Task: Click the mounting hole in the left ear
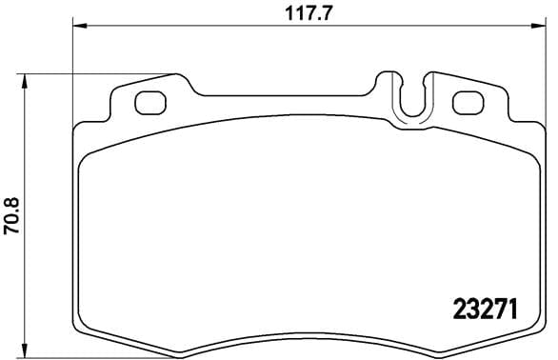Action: coord(149,102)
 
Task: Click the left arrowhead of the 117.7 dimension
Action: coord(78,26)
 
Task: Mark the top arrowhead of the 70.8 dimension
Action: coord(27,77)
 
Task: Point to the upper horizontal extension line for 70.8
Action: coord(95,72)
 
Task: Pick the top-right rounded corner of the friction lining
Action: coord(529,154)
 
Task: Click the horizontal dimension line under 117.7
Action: coord(190,26)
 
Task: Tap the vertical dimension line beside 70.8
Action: coord(27,143)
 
